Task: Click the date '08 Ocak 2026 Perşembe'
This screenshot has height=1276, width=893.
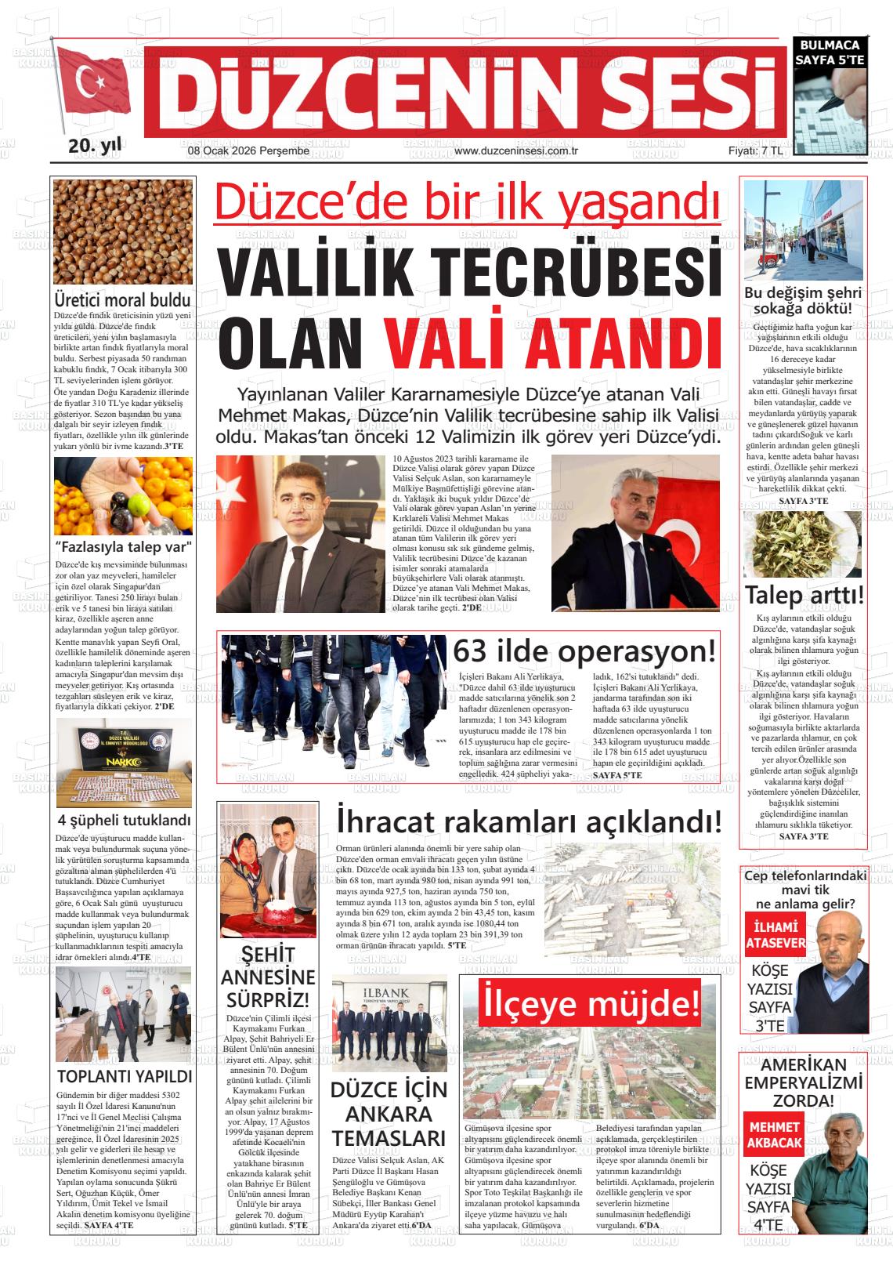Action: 237,150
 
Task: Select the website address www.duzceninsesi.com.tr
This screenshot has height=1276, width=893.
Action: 515,150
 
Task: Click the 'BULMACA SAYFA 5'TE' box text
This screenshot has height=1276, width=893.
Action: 830,53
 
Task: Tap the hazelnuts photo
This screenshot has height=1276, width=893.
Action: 123,232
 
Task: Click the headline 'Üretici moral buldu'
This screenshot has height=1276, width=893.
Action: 123,299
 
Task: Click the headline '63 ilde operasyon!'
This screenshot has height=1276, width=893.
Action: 585,651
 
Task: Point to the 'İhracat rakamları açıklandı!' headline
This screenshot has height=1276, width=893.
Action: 529,822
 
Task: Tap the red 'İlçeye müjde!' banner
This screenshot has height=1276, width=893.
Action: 590,1002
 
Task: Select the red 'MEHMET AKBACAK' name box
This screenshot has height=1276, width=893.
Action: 775,1134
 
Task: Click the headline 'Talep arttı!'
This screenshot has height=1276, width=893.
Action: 804,594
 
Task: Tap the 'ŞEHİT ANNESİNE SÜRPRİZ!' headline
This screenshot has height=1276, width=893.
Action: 268,977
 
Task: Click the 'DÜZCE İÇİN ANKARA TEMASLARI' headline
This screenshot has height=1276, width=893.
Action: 389,1114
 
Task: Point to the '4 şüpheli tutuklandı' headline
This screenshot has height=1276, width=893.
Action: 124,821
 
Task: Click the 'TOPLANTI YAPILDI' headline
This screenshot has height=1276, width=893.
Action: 124,1076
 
